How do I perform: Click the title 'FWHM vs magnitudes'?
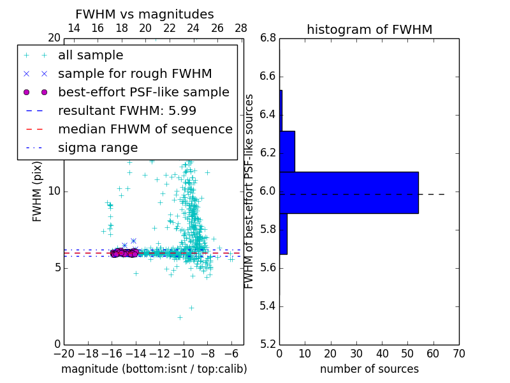pos(145,14)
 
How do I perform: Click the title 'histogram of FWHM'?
pos(369,29)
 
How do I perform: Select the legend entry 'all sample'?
pos(91,56)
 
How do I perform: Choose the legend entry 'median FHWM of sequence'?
pos(145,129)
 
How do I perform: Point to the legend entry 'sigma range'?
pos(98,147)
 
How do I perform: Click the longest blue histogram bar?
pos(349,192)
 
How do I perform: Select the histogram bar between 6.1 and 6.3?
pos(287,151)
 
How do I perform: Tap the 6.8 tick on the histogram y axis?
pos(268,38)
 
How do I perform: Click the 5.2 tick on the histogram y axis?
pos(268,344)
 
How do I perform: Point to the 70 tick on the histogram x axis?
pos(458,353)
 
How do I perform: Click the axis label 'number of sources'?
pos(369,369)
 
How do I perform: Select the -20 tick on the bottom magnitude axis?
pos(64,353)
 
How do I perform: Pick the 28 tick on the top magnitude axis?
pos(241,28)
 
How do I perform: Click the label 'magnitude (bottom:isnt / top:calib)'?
pos(154,369)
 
